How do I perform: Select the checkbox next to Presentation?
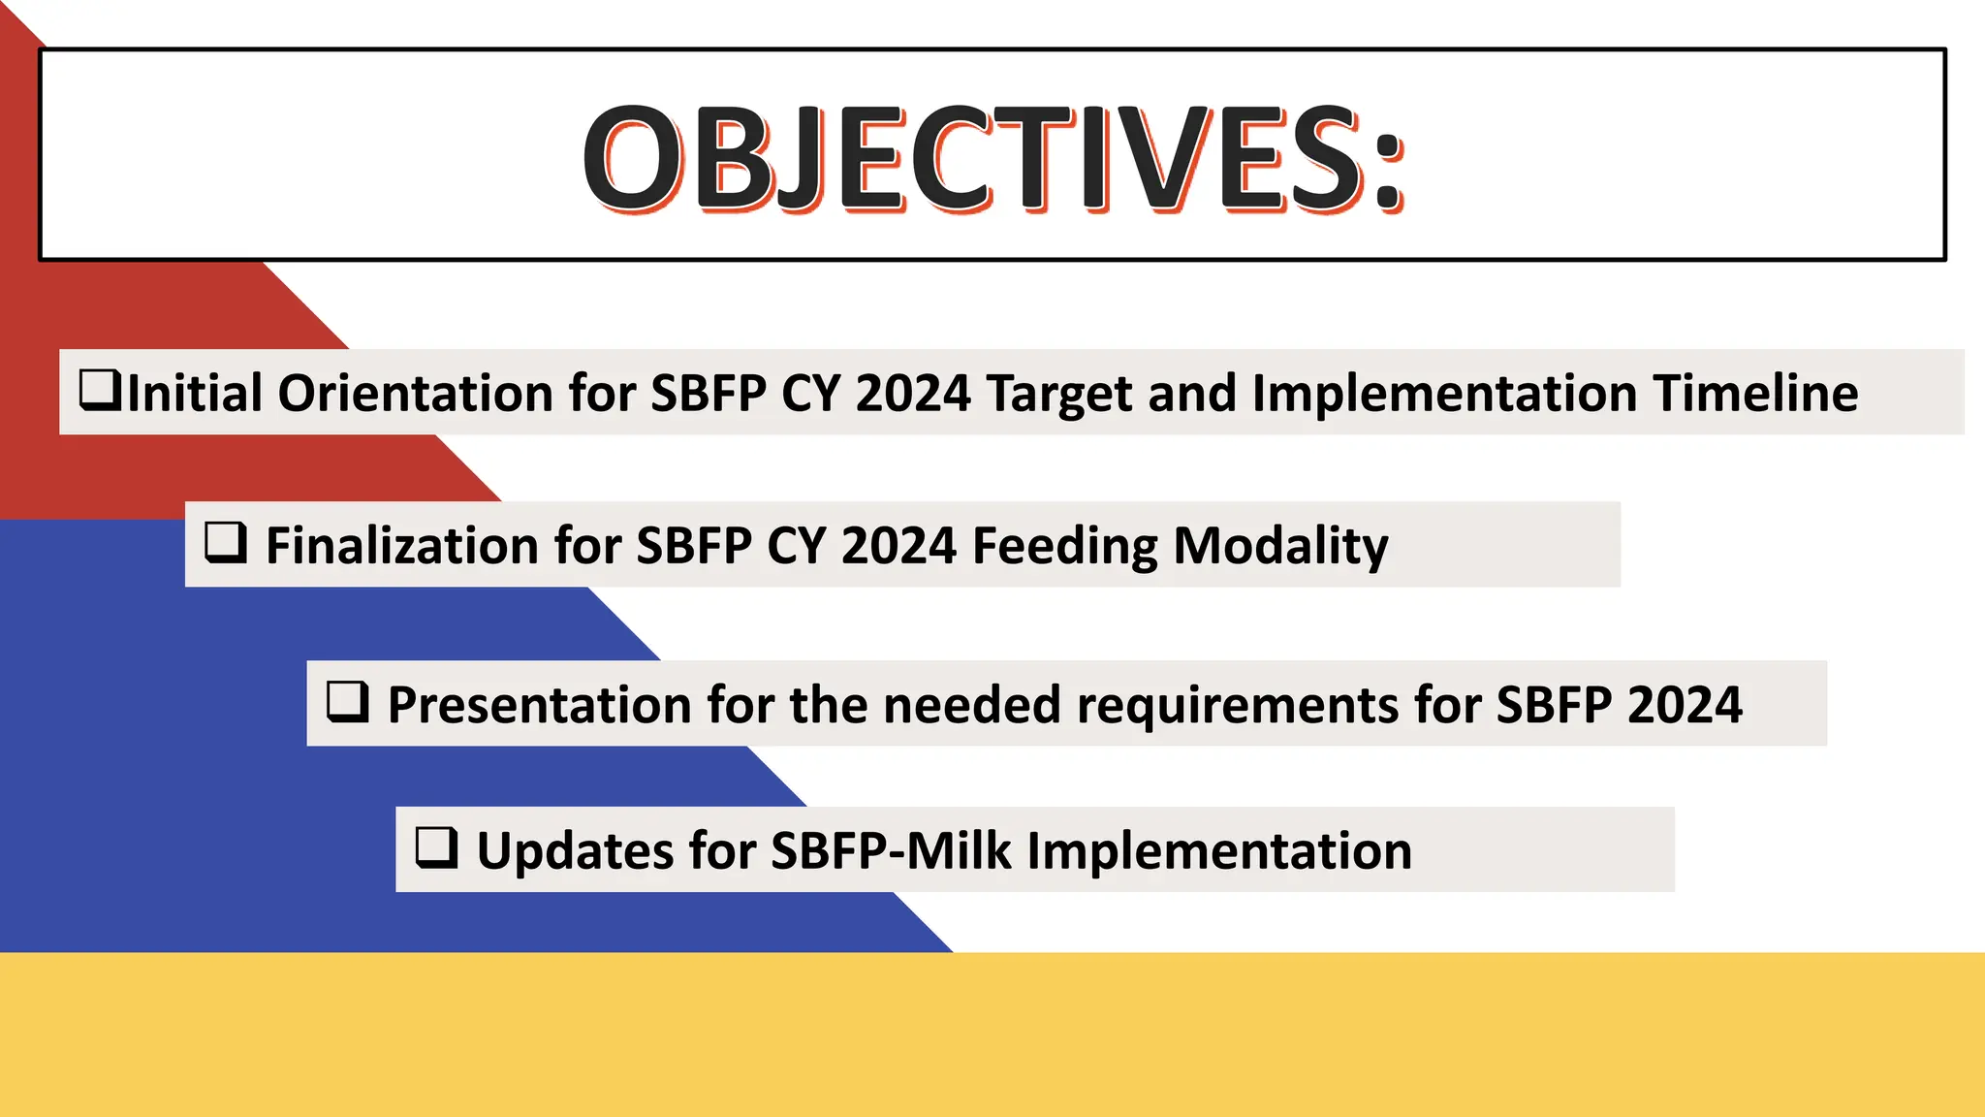tap(348, 701)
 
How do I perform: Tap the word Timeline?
tap(1756, 394)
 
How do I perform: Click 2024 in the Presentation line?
tap(1685, 705)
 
